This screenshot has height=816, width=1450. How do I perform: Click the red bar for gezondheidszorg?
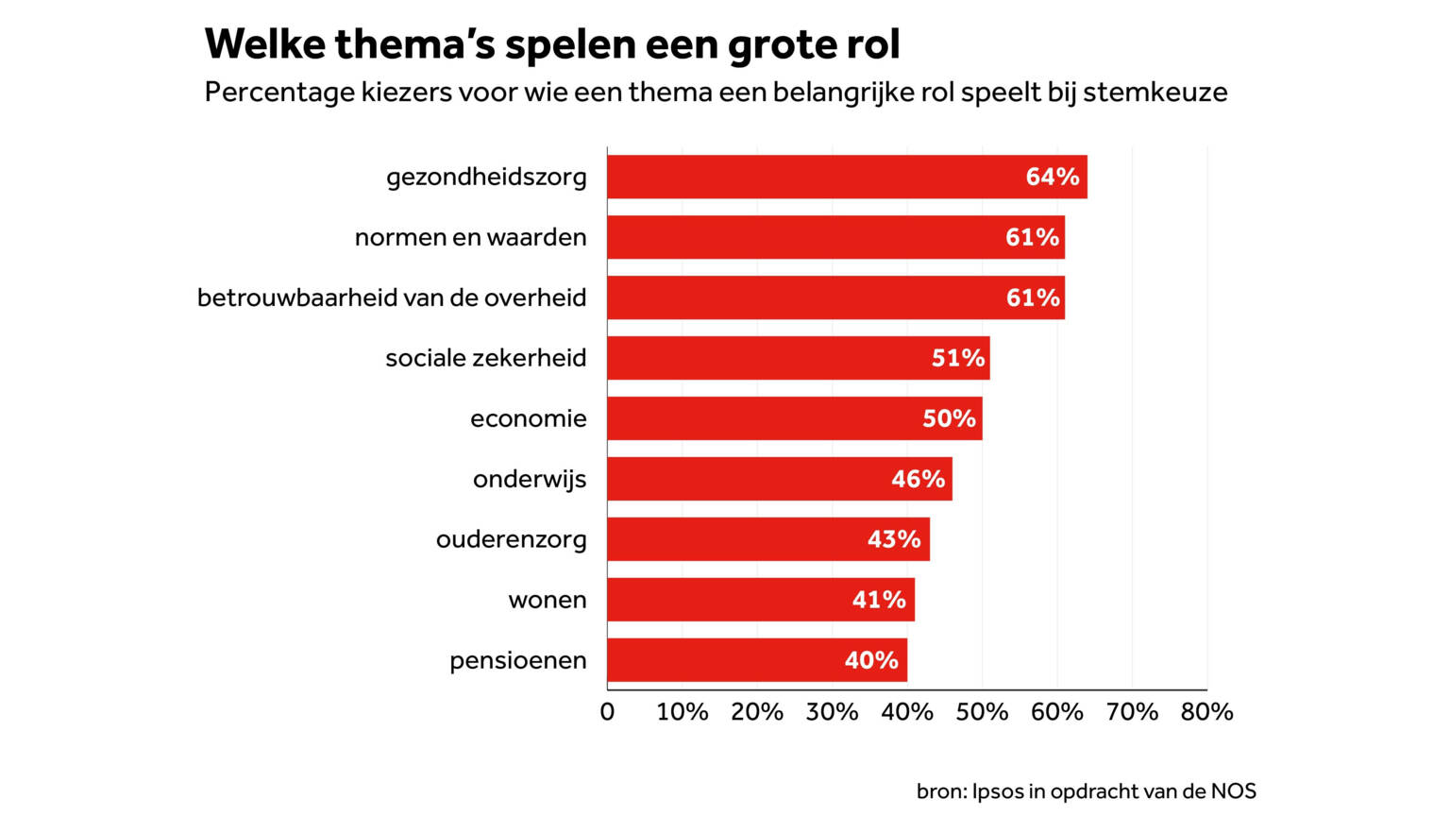(812, 177)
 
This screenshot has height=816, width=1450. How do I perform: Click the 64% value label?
(1052, 177)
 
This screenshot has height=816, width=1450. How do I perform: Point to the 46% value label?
(918, 479)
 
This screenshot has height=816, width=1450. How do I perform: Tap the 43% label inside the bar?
(894, 539)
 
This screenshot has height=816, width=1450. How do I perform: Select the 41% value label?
(879, 600)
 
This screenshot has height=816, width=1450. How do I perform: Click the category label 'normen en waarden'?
(470, 237)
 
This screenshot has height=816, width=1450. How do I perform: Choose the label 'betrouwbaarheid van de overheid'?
(392, 297)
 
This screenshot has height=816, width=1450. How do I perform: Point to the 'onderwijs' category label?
(530, 479)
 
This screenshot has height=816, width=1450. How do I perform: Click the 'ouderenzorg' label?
(511, 539)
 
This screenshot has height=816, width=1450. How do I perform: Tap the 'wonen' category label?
(548, 600)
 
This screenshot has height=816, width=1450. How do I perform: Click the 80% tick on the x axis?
(1206, 712)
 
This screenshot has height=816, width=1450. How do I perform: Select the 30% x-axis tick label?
(832, 712)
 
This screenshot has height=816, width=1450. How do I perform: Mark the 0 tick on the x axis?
(607, 712)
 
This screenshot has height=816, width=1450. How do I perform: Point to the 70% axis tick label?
(1132, 712)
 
